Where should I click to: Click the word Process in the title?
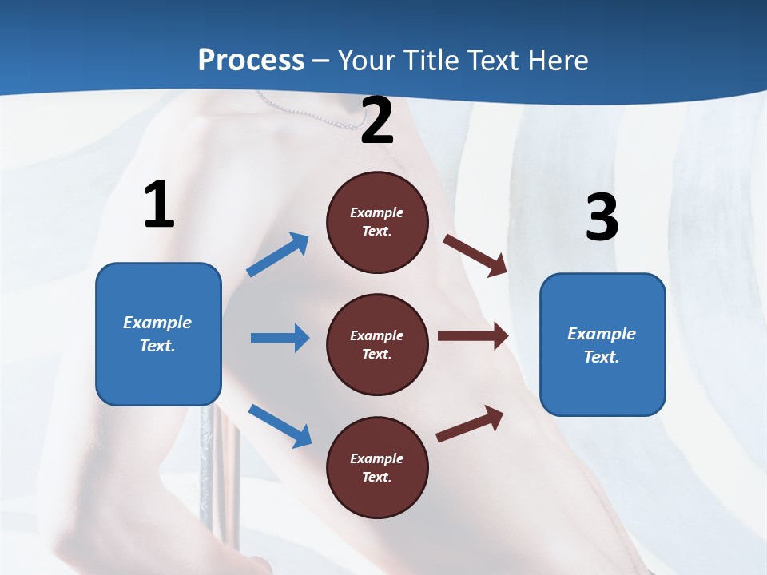(x=251, y=61)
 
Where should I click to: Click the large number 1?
(x=159, y=205)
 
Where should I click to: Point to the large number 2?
(x=377, y=121)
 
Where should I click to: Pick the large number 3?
(x=602, y=217)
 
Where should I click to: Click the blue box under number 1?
(x=158, y=334)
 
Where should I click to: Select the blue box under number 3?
(x=602, y=345)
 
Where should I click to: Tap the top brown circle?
(x=377, y=222)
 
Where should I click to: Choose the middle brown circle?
(x=377, y=345)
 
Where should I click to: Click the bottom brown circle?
(x=377, y=468)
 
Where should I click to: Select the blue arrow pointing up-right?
(x=278, y=255)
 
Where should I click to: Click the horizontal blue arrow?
(x=280, y=338)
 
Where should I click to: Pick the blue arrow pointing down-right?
(x=280, y=425)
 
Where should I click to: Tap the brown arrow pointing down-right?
(x=475, y=255)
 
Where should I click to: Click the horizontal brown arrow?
(x=473, y=336)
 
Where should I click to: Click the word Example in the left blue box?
(x=157, y=323)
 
